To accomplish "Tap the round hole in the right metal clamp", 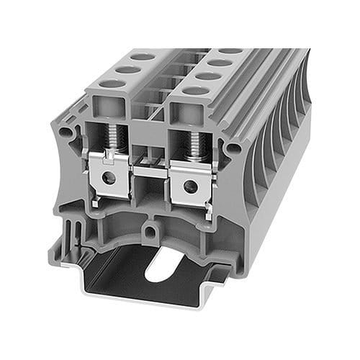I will pyautogui.click(x=189, y=186).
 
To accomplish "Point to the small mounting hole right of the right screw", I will pyautogui.click(x=233, y=148).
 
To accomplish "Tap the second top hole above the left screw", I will pyautogui.click(x=128, y=69).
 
